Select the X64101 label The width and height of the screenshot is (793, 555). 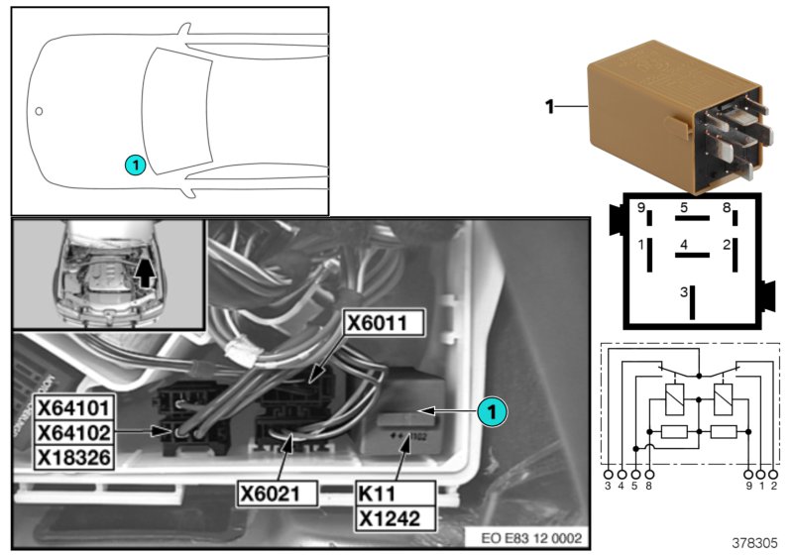74,407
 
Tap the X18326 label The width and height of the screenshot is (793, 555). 74,455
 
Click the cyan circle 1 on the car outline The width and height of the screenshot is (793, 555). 136,165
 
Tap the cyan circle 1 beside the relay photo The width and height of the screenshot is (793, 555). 491,409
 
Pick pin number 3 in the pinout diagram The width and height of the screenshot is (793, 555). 684,292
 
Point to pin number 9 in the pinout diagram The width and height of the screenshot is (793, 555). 642,209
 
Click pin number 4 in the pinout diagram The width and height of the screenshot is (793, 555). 684,244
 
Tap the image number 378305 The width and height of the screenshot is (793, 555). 756,542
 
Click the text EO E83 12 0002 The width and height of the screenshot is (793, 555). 532,537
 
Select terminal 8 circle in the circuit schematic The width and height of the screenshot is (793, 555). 649,474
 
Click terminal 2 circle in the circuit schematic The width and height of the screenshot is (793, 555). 774,474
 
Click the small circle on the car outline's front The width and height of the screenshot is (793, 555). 39,111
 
